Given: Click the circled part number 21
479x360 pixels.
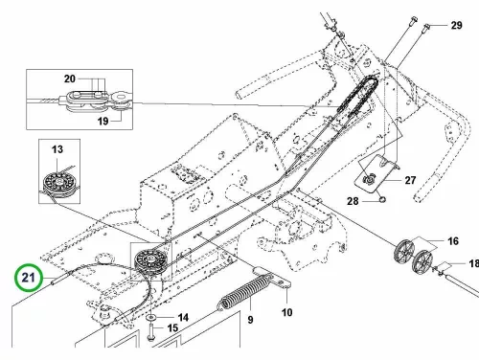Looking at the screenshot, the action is click(28, 277).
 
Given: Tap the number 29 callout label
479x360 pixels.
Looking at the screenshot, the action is click(456, 25).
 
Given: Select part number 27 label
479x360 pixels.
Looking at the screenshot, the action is click(410, 180).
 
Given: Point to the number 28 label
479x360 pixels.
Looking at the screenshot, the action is click(353, 201).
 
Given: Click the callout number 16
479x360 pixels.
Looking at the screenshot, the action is click(453, 241).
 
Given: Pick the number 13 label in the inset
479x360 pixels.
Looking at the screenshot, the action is click(57, 149).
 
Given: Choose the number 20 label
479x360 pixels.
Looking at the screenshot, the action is click(70, 79).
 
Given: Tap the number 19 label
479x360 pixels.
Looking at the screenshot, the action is click(103, 121).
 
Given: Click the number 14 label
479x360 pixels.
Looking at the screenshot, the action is click(183, 317).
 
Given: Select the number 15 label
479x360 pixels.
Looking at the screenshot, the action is click(172, 327).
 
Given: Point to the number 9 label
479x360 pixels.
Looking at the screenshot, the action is click(250, 320).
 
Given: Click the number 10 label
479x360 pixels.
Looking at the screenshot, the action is click(286, 312).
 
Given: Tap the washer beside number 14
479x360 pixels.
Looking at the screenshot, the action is click(150, 318).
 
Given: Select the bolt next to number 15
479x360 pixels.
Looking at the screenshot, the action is click(150, 332).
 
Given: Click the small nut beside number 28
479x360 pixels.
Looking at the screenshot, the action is click(382, 200).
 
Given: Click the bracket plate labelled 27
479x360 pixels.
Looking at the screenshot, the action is click(378, 173).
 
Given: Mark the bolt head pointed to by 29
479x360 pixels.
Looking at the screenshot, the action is click(427, 27).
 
